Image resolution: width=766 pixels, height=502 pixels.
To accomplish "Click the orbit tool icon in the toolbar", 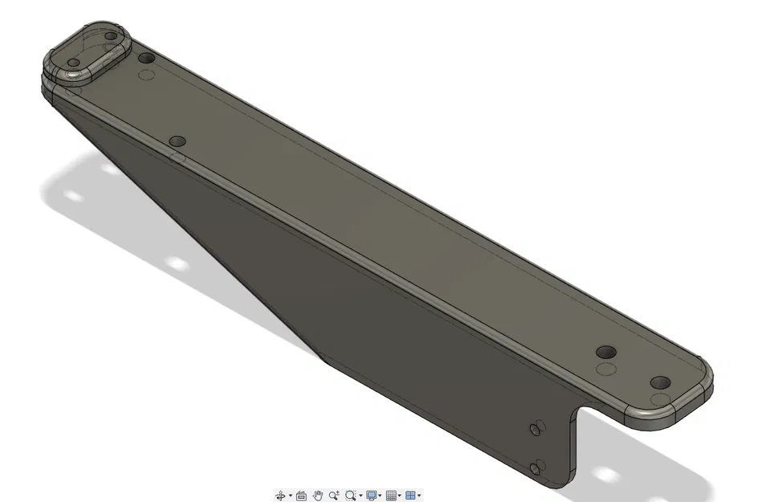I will pos(280,496).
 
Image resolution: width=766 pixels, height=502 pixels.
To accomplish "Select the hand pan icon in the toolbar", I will pos(318,496).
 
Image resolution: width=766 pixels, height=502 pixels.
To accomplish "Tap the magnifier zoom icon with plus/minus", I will pos(334,496).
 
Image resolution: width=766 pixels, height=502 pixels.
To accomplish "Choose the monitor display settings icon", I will pos(371,496).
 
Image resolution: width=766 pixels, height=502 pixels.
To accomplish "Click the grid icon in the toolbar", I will pos(391,496).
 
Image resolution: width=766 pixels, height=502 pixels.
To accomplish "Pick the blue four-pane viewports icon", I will pos(410,496).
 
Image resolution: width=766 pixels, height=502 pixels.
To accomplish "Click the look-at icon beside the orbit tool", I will pos(301,496).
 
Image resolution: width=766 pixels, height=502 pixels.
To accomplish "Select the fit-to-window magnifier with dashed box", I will pos(350,496).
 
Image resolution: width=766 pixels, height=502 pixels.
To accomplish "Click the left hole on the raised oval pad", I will pos(74,62).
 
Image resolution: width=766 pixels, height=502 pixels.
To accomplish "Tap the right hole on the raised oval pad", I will pos(111,36).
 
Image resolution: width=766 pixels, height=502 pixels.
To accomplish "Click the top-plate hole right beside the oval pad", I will pos(146,58).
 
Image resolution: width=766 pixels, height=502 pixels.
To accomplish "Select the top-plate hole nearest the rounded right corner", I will pos(660,382).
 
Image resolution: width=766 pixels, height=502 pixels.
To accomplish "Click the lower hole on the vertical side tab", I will pos(536,467).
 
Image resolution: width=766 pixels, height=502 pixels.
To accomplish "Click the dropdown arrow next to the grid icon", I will pos(399,496).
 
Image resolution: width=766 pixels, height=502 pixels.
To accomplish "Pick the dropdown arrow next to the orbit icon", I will pos(290,496).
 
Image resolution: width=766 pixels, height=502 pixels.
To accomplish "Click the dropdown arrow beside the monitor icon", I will pos(380,496).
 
